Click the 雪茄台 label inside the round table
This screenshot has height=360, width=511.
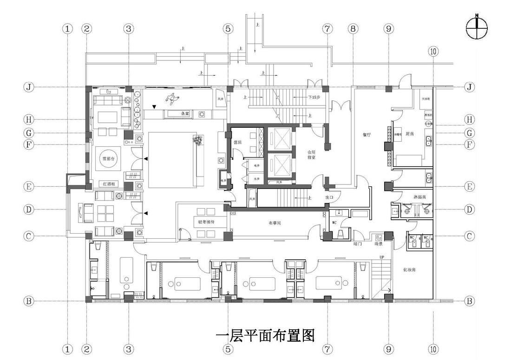109,159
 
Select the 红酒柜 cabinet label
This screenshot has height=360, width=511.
109,184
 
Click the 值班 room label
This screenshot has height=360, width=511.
238,142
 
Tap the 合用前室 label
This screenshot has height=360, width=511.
311,155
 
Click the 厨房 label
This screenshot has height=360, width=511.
410,134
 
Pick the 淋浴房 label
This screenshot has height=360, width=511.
420,197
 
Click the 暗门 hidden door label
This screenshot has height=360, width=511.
358,243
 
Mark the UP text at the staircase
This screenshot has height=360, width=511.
382,257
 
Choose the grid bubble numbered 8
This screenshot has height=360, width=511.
354,28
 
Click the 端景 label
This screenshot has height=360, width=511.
379,243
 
